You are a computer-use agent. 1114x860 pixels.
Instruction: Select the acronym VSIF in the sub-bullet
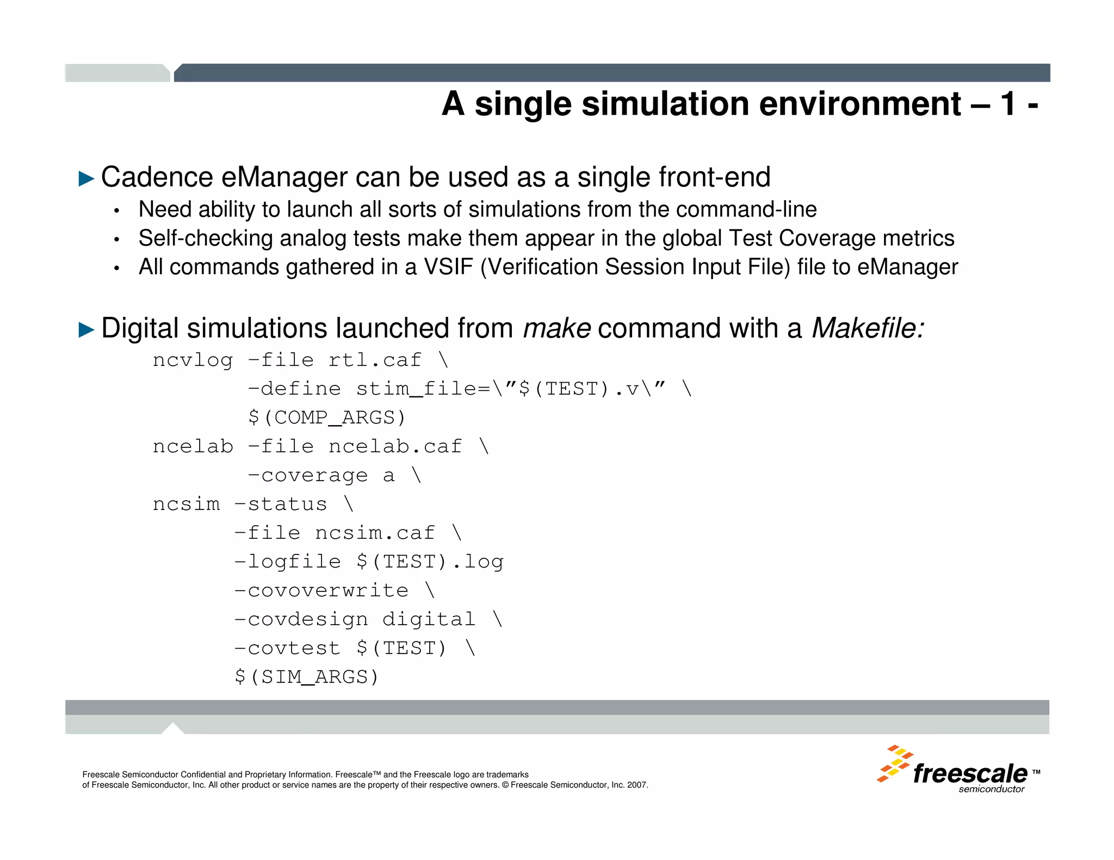[448, 267]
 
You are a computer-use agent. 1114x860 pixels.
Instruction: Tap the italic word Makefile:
[868, 328]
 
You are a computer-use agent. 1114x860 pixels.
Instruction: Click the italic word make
[556, 328]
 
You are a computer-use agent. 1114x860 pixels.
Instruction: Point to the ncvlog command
[193, 360]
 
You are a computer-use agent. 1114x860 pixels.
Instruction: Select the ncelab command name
[193, 446]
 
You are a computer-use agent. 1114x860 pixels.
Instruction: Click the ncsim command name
[186, 504]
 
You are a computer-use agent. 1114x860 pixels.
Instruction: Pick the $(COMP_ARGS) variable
[327, 417]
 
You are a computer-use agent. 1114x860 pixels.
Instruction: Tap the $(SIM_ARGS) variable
[306, 677]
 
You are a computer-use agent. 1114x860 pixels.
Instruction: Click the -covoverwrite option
[321, 590]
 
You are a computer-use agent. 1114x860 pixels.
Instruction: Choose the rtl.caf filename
[375, 360]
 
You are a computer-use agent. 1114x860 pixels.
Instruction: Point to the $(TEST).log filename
[430, 562]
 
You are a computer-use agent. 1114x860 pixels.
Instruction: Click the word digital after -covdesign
[429, 619]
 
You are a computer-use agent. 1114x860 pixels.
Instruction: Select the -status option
[281, 504]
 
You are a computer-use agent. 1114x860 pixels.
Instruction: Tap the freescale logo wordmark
[970, 773]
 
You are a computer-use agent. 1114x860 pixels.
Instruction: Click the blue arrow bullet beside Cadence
[86, 178]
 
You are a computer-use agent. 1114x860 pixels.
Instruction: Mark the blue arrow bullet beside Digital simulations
[86, 329]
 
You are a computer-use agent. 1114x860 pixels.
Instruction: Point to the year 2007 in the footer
[637, 785]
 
